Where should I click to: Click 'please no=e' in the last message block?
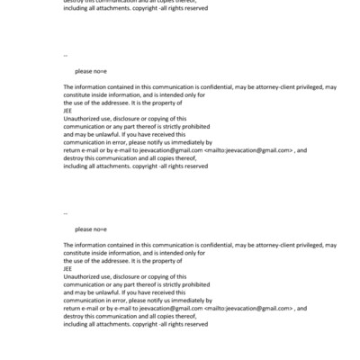coord(91,229)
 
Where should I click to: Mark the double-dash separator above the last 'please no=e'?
coord(66,213)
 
